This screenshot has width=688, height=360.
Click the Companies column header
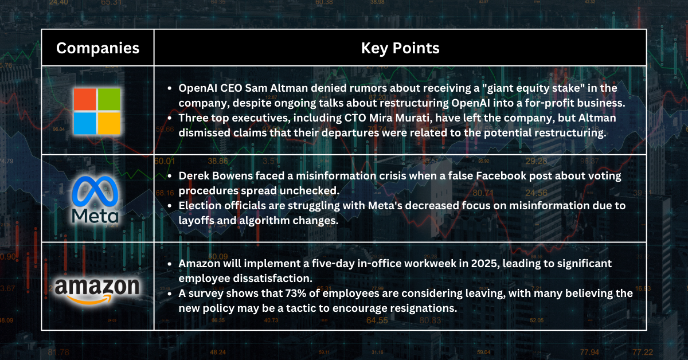pos(97,48)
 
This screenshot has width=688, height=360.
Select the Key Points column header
pos(400,48)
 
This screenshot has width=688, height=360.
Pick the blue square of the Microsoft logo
pos(85,122)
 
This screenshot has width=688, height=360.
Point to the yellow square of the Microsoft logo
pos(109,122)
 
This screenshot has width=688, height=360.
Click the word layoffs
pos(198,219)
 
